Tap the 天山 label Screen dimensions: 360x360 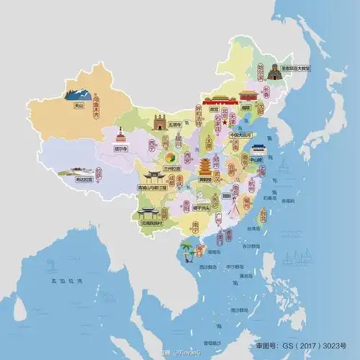78,106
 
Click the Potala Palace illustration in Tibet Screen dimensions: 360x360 68,173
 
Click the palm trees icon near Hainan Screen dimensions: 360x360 188,250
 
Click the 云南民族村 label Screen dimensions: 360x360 150,224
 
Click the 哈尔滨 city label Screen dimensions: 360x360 261,71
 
